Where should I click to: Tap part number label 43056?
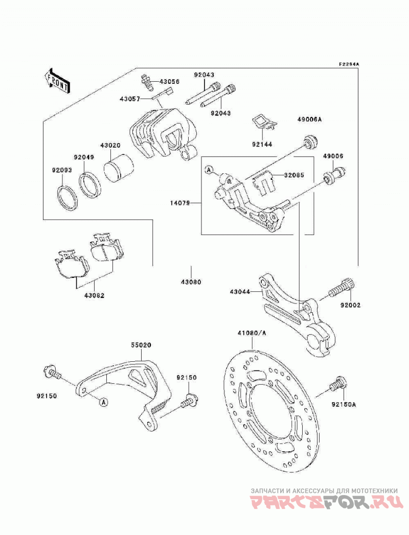170,82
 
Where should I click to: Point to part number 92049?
84,157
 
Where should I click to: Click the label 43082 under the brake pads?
94,295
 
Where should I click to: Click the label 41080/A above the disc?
252,333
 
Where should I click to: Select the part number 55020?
141,345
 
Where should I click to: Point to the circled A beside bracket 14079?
209,170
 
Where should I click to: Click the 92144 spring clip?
265,123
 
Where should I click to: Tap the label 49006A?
309,120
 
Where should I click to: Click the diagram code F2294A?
349,64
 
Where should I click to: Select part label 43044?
240,292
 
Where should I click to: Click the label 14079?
180,203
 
